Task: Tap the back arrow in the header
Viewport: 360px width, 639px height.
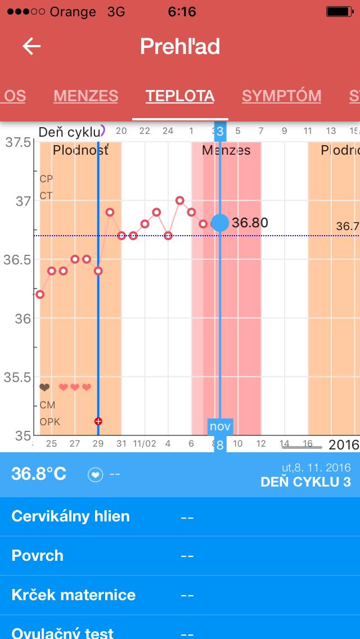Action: pyautogui.click(x=31, y=46)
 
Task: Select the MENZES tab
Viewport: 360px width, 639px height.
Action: pyautogui.click(x=85, y=96)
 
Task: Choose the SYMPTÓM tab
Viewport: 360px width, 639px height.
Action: pyautogui.click(x=281, y=96)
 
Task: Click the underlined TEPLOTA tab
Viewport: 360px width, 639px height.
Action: pyautogui.click(x=180, y=96)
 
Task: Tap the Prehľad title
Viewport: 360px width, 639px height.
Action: pyautogui.click(x=180, y=46)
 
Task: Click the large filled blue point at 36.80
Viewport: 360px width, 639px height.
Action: pyautogui.click(x=220, y=223)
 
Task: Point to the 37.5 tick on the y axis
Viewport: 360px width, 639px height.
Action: pyautogui.click(x=18, y=142)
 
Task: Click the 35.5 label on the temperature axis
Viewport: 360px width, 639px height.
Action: pyautogui.click(x=18, y=377)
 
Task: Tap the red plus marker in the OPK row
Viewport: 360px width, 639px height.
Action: pyautogui.click(x=98, y=421)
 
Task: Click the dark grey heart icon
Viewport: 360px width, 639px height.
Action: pyautogui.click(x=44, y=388)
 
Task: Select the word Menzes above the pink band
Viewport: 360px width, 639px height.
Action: pyautogui.click(x=226, y=150)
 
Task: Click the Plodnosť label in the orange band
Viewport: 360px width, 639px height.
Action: pyautogui.click(x=80, y=150)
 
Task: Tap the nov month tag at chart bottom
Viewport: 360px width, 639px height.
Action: pyautogui.click(x=220, y=426)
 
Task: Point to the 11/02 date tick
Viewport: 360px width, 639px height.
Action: pyautogui.click(x=145, y=444)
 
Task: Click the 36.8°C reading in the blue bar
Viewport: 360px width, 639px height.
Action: pyautogui.click(x=39, y=474)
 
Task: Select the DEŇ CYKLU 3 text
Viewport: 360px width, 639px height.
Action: pyautogui.click(x=305, y=482)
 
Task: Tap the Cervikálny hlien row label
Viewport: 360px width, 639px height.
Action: pyautogui.click(x=70, y=516)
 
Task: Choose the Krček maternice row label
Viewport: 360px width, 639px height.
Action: pyautogui.click(x=73, y=595)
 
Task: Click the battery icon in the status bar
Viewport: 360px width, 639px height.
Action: pyautogui.click(x=341, y=11)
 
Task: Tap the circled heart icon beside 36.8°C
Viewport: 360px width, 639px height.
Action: pyautogui.click(x=96, y=475)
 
